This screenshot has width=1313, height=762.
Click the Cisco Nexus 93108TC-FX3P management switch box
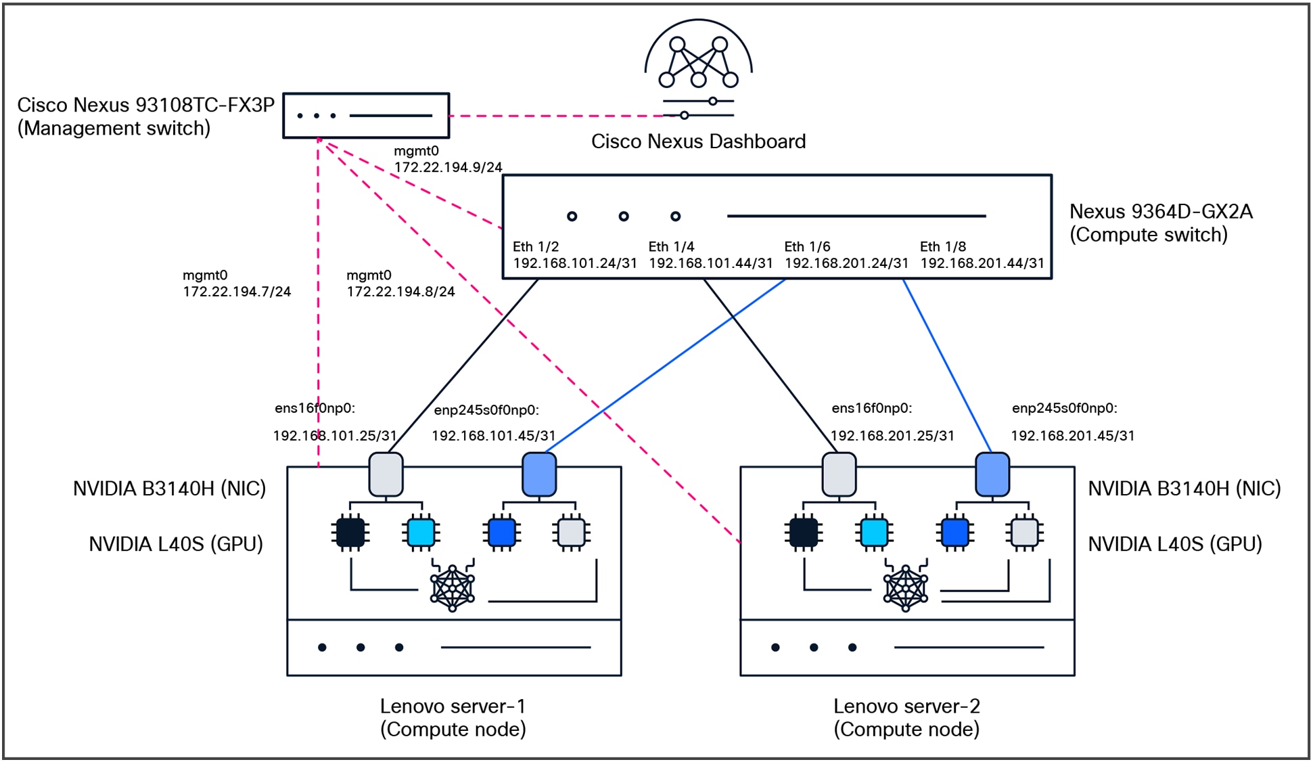click(366, 116)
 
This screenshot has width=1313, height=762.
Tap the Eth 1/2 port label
click(536, 247)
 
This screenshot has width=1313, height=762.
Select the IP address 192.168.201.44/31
click(982, 263)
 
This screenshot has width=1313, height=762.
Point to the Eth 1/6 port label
click(807, 247)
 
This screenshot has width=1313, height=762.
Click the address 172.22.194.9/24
click(448, 167)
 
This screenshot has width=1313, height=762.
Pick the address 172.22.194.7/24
click(237, 292)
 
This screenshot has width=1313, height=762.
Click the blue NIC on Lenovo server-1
click(539, 474)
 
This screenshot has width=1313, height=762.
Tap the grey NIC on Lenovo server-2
click(839, 474)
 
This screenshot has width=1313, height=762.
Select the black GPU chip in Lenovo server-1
click(350, 533)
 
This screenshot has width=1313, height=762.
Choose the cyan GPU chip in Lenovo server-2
click(873, 533)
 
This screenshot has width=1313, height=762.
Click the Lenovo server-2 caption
click(906, 717)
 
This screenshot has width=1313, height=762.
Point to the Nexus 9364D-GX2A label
click(1161, 212)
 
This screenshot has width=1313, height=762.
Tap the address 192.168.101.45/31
click(494, 436)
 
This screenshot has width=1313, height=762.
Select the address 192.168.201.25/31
click(892, 436)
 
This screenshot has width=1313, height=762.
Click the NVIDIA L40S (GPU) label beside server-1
click(176, 544)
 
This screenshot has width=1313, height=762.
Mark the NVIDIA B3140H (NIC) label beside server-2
click(1184, 489)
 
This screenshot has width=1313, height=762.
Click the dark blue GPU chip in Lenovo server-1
click(502, 533)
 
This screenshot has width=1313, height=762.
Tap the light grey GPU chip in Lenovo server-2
click(1023, 533)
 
